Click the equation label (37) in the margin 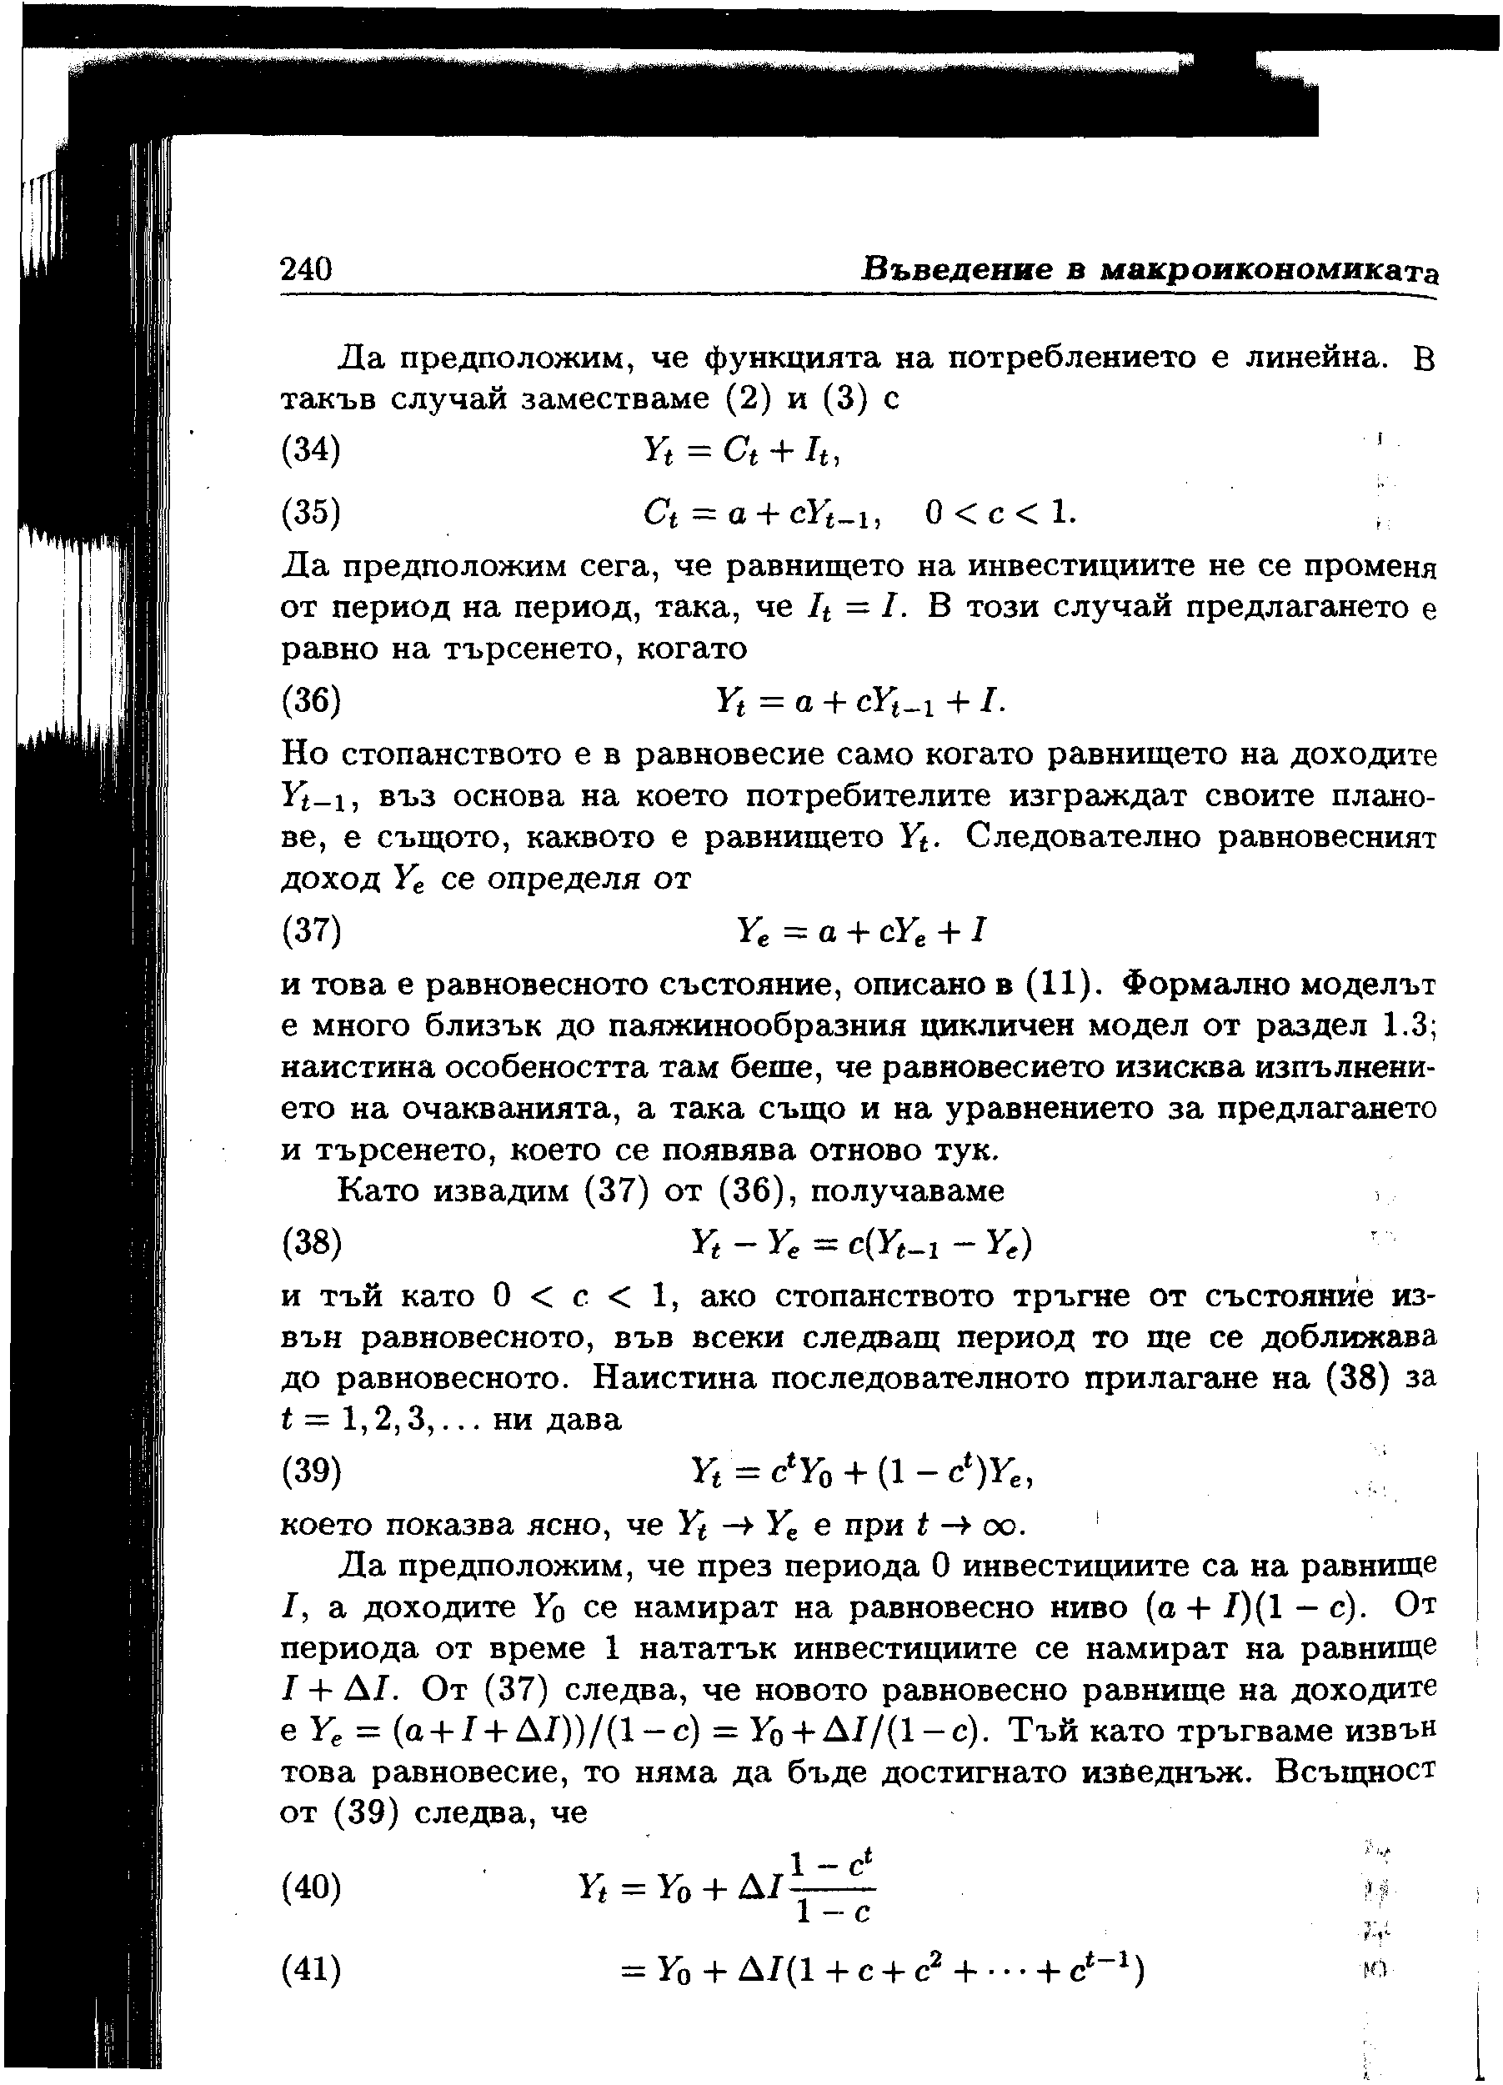pyautogui.click(x=311, y=932)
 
